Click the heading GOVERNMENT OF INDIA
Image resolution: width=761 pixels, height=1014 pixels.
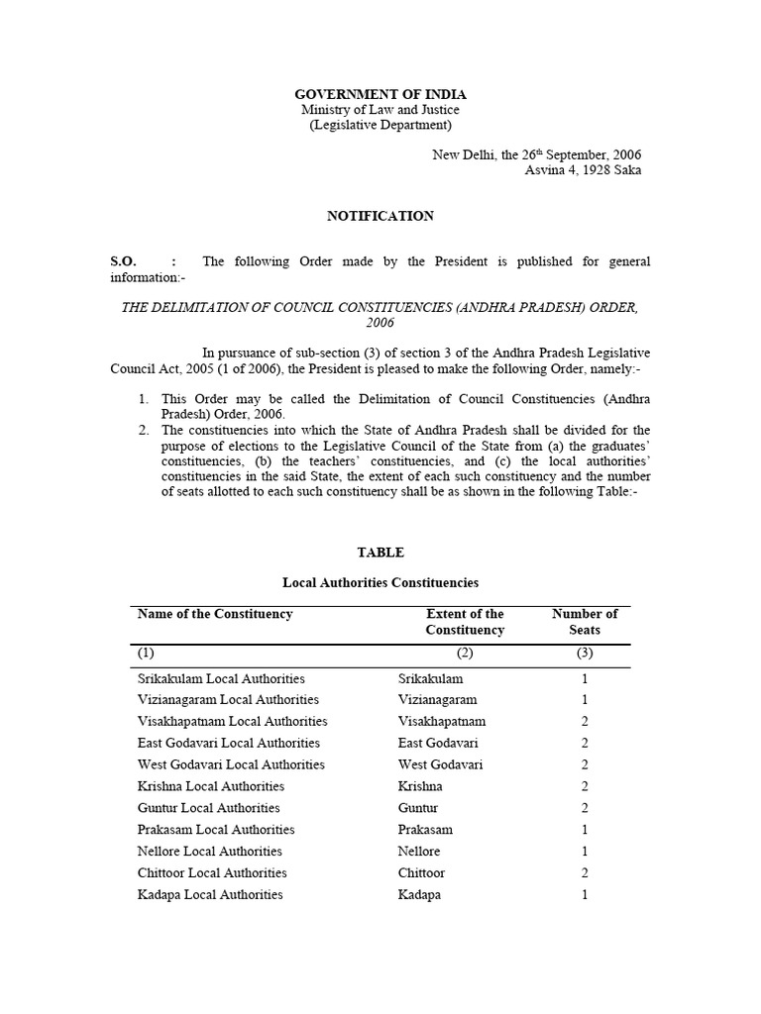pyautogui.click(x=380, y=94)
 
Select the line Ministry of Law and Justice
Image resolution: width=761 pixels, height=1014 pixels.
pyautogui.click(x=380, y=110)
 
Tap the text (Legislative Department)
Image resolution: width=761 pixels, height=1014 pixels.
pyautogui.click(x=380, y=126)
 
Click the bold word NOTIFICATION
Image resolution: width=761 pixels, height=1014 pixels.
pyautogui.click(x=380, y=216)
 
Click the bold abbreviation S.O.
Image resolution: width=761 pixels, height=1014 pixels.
pyautogui.click(x=122, y=261)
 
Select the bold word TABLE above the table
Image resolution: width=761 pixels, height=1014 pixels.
pyautogui.click(x=380, y=553)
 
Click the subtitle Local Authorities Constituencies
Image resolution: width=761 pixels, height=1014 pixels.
pyautogui.click(x=380, y=583)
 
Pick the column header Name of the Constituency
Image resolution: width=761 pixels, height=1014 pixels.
pyautogui.click(x=215, y=614)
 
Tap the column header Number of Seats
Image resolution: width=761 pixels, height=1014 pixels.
pyautogui.click(x=585, y=622)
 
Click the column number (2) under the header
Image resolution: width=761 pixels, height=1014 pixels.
pyautogui.click(x=465, y=654)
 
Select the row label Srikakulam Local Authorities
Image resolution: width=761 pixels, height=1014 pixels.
pyautogui.click(x=221, y=679)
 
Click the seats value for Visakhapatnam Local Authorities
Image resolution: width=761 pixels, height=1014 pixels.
pyautogui.click(x=585, y=722)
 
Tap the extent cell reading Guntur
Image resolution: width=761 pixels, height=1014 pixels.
pyautogui.click(x=418, y=808)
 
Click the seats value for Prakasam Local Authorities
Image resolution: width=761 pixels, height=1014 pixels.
pyautogui.click(x=585, y=830)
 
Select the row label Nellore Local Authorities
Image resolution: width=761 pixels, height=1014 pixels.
pyautogui.click(x=209, y=852)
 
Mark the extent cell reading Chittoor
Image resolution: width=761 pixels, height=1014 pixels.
pyautogui.click(x=421, y=873)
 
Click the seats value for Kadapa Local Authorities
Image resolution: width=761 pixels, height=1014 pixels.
pyautogui.click(x=585, y=895)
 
